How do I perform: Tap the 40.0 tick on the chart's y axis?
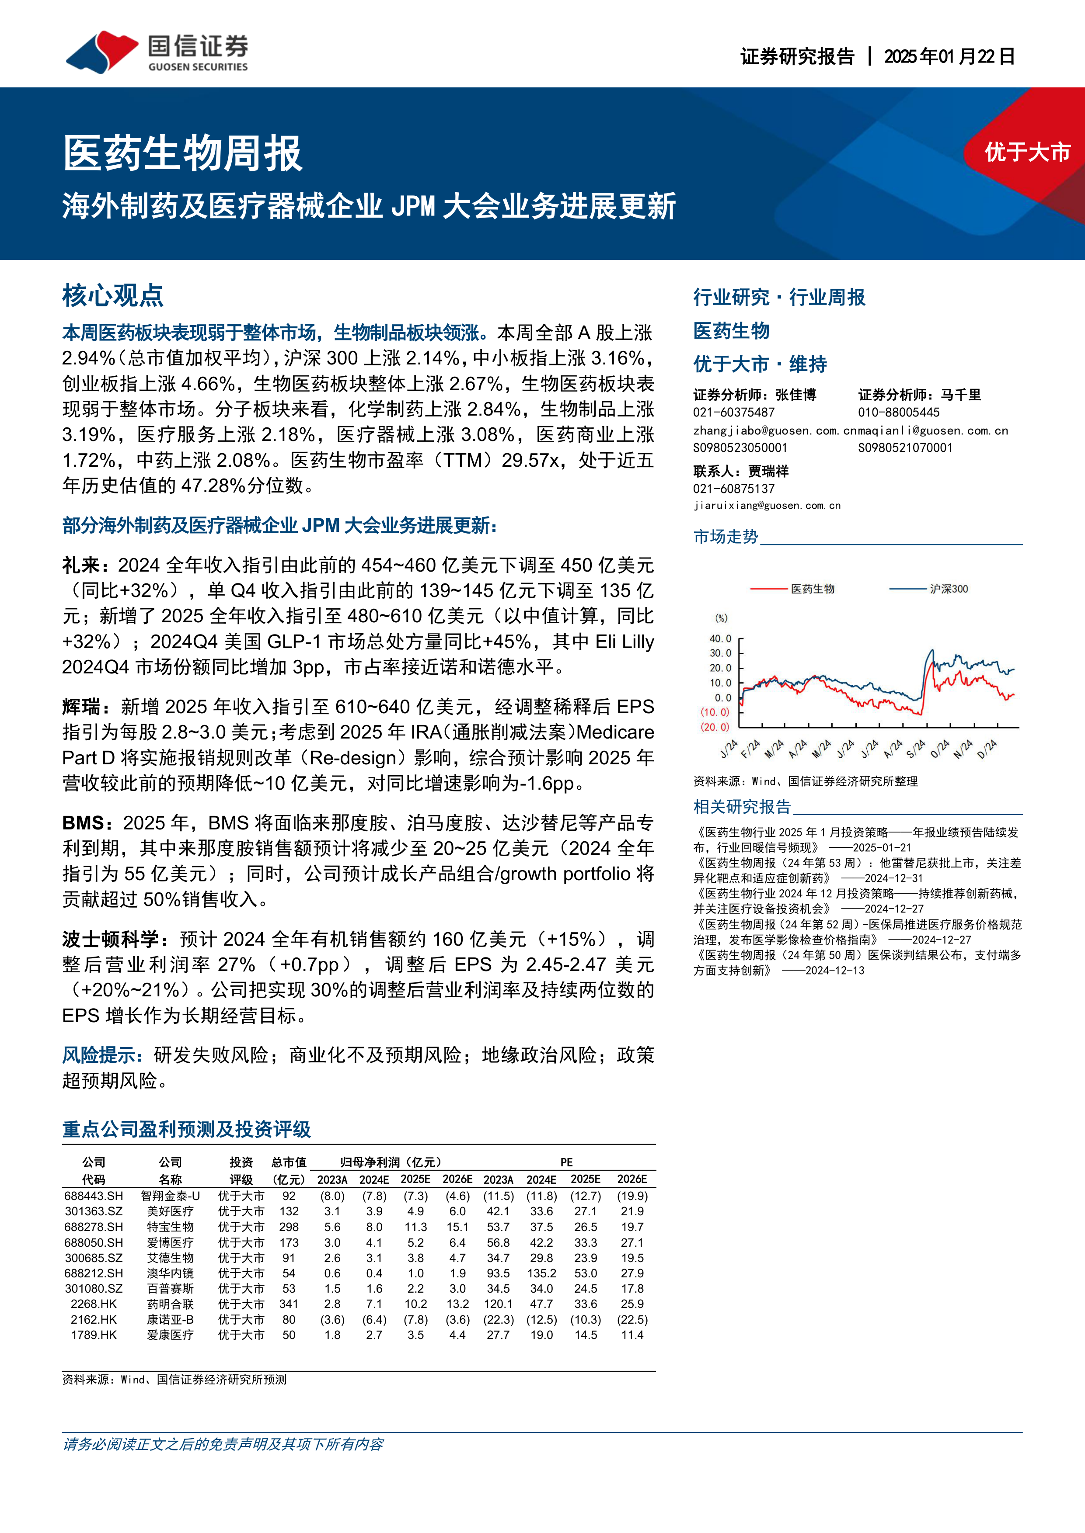coord(720,639)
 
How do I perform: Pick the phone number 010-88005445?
coord(899,413)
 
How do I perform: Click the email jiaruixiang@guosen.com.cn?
coord(766,506)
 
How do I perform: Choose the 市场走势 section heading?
coord(726,537)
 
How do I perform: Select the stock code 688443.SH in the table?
coord(94,1196)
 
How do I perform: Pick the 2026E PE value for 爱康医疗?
coord(632,1335)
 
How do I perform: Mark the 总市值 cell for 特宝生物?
coord(289,1227)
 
